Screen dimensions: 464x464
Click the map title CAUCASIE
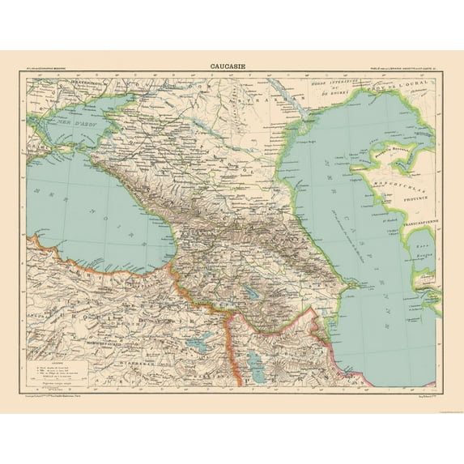pyautogui.click(x=232, y=67)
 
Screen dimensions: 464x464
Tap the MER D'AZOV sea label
pyautogui.click(x=60, y=114)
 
